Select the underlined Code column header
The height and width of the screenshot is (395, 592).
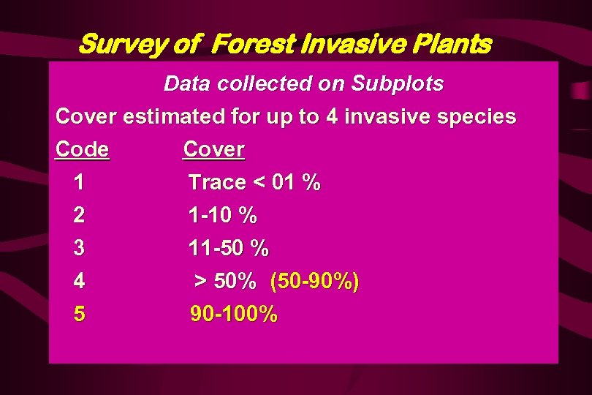click(83, 149)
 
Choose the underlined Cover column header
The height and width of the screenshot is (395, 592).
click(213, 149)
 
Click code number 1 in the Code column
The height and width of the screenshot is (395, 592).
click(79, 183)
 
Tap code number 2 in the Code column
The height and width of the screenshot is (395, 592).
click(79, 216)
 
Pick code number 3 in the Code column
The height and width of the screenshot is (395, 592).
click(79, 249)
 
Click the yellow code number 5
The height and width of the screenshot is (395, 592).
click(79, 315)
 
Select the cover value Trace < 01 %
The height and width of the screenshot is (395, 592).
click(254, 183)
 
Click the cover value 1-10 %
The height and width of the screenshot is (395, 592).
click(222, 216)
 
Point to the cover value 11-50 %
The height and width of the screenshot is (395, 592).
click(228, 249)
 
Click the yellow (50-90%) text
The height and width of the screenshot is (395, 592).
click(314, 282)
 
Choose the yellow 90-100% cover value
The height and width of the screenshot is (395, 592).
click(234, 315)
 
